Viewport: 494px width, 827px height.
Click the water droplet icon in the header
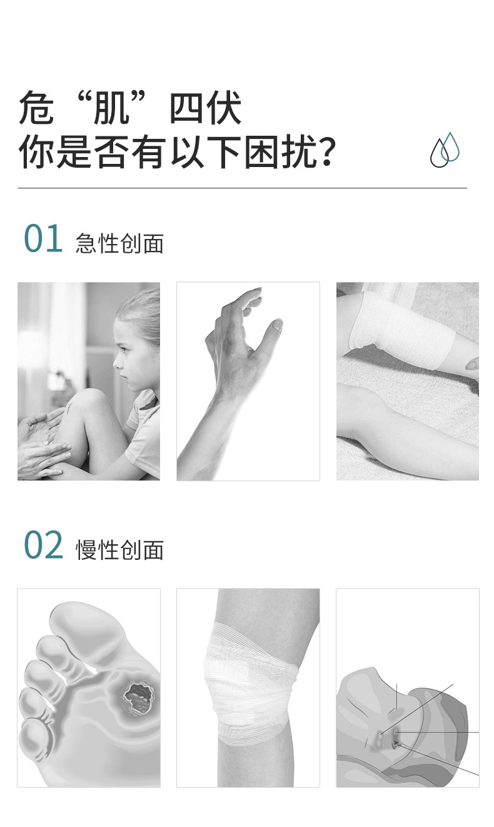pos(445,149)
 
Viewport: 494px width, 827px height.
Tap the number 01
pos(43,239)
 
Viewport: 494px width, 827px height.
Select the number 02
pos(44,545)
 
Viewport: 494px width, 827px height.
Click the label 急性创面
pos(119,243)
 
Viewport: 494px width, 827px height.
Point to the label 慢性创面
pos(119,550)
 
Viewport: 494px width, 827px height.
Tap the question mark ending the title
pos(326,152)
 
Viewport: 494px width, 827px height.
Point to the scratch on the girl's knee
pos(70,408)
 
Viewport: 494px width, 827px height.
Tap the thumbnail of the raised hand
pos(248,381)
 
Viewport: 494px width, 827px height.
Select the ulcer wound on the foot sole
pos(138,698)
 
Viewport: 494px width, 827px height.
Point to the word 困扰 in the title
pos(280,152)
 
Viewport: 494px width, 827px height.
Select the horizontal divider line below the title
pos(243,188)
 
